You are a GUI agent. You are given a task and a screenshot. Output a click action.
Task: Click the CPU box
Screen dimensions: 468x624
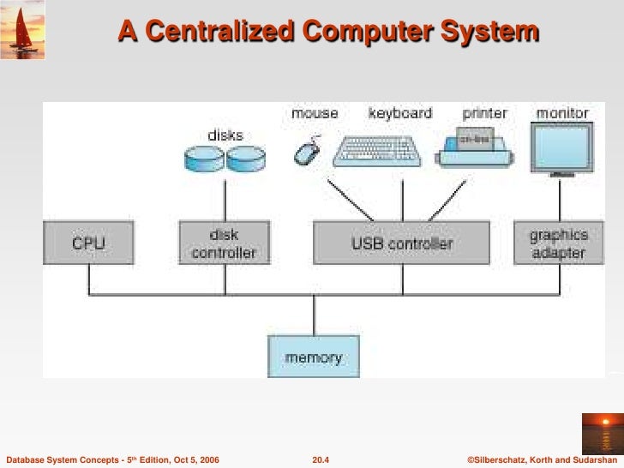(x=88, y=243)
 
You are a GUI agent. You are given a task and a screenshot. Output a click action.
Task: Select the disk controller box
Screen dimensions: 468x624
(x=224, y=243)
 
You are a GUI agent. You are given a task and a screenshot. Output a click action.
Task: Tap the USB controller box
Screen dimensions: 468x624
(x=402, y=243)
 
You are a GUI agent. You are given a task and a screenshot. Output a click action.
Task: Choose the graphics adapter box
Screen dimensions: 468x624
(x=558, y=243)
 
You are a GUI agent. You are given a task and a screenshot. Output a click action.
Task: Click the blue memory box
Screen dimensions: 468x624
(x=314, y=357)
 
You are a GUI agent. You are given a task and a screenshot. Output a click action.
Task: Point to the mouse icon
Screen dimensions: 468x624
(x=306, y=152)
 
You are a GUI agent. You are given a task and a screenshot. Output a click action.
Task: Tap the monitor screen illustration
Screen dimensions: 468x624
(x=562, y=146)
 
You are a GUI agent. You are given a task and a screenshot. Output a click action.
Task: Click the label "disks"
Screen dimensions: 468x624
(x=225, y=135)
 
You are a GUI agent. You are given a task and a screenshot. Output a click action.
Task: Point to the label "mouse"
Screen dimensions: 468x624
(x=315, y=113)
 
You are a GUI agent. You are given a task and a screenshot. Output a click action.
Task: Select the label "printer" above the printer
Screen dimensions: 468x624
(x=484, y=113)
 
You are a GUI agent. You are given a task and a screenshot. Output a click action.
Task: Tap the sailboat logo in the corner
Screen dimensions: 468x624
(x=23, y=30)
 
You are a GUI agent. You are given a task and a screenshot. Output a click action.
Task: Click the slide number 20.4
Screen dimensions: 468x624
(x=321, y=460)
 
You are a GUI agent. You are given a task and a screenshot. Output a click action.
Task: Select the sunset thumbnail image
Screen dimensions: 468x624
(x=603, y=432)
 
